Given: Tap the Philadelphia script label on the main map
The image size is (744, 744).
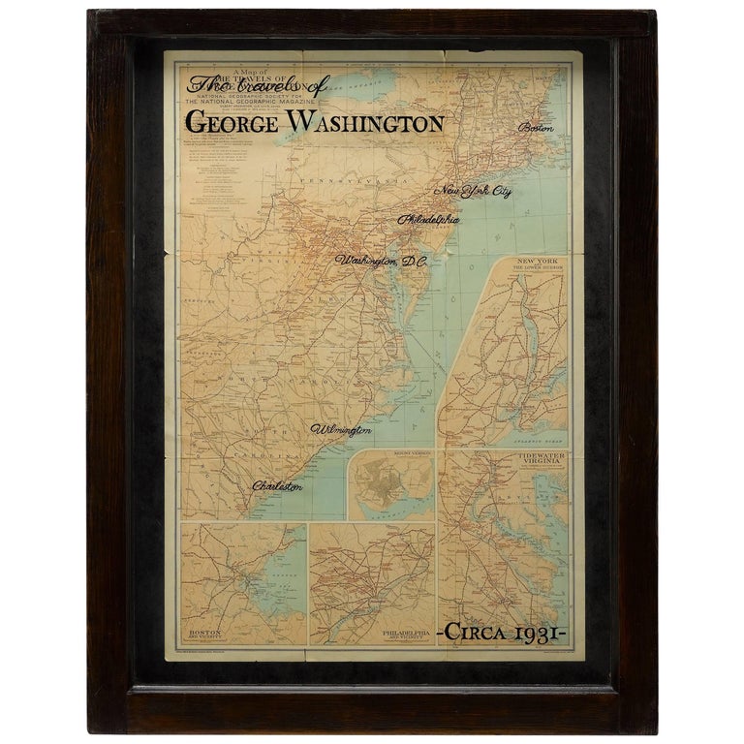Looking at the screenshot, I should click(x=428, y=219).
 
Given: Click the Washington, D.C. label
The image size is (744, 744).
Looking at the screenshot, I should click(x=381, y=261).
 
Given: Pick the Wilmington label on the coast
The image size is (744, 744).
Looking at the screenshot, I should click(x=341, y=428).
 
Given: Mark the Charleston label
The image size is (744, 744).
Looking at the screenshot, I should click(x=277, y=485).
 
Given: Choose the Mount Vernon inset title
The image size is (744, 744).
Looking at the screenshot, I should click(x=391, y=453).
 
